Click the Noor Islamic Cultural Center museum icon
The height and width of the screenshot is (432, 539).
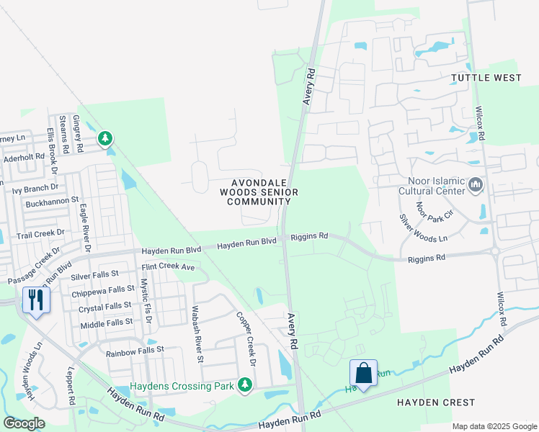pyautogui.click(x=475, y=186)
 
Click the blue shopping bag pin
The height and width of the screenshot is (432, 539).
pyautogui.click(x=363, y=373)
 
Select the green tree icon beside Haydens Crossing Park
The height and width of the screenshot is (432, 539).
pyautogui.click(x=246, y=386)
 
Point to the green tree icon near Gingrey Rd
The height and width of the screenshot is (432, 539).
pyautogui.click(x=106, y=138)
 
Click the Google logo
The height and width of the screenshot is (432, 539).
pyautogui.click(x=24, y=423)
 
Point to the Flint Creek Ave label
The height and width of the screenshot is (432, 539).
pyautogui.click(x=169, y=267)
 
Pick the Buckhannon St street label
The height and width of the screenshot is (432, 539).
pyautogui.click(x=52, y=204)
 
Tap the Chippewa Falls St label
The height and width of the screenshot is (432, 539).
pyautogui.click(x=102, y=292)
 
